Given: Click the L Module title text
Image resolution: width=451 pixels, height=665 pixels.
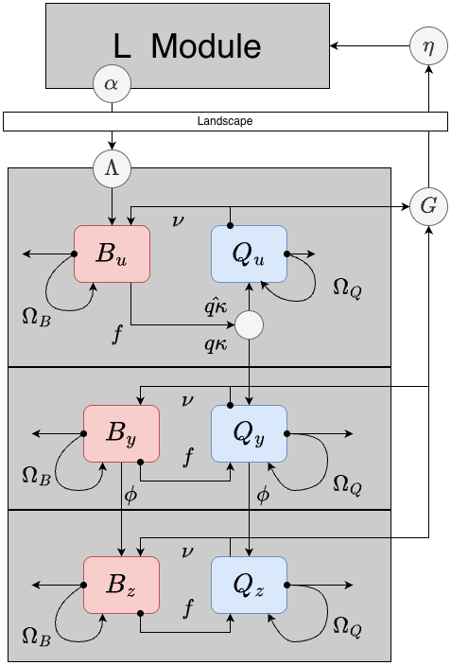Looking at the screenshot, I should [x=187, y=45].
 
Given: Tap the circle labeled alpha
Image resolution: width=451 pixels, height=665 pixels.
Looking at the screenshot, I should [x=112, y=84].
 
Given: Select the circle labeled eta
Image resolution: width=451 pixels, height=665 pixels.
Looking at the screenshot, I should [x=427, y=46].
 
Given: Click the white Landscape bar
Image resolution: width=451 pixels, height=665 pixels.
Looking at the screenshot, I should [x=225, y=121].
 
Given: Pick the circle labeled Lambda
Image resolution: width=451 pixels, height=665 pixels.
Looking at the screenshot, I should [x=112, y=169].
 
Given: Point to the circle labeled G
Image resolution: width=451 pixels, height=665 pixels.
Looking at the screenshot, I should [x=427, y=206].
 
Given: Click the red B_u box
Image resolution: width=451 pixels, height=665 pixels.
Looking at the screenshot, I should [x=112, y=254].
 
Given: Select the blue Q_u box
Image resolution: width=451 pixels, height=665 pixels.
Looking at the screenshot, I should [x=248, y=254].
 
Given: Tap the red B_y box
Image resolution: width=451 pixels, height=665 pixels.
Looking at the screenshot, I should [x=121, y=433].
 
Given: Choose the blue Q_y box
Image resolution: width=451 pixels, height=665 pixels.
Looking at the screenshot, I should [x=248, y=433].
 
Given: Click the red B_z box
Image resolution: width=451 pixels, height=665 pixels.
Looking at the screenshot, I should [x=121, y=585].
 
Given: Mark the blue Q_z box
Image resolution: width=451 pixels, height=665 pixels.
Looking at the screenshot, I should [x=248, y=585].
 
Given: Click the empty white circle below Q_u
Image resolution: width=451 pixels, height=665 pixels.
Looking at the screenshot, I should [x=248, y=325].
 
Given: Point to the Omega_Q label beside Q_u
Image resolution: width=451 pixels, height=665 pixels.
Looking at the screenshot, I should [x=346, y=286].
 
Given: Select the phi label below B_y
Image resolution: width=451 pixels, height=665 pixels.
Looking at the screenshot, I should [x=130, y=494].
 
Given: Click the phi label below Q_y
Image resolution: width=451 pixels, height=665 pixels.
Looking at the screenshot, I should [x=263, y=494].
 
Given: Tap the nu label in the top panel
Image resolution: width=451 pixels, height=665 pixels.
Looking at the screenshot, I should [x=178, y=220].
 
